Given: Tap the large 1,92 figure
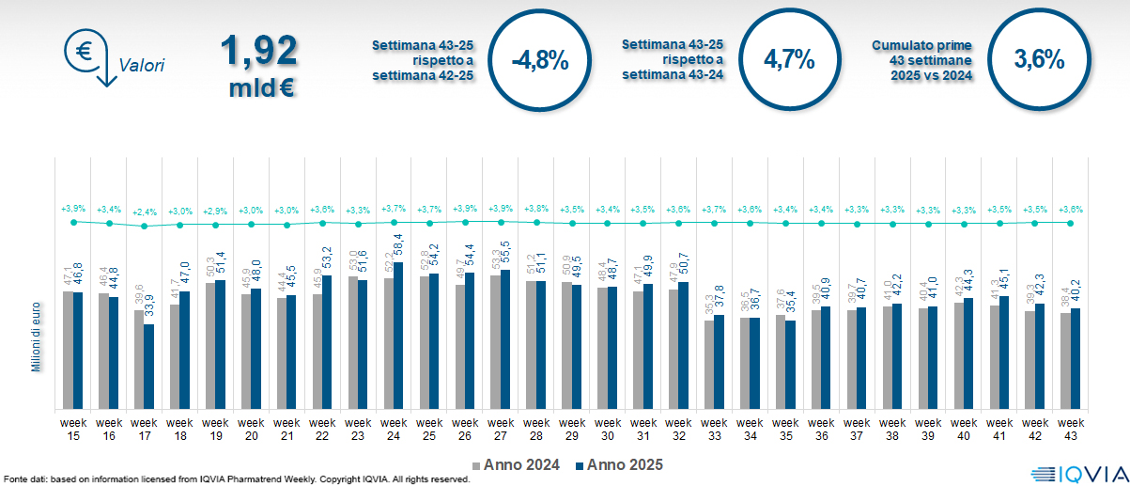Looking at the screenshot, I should [x=259, y=52].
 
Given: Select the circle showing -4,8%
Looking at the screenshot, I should [x=539, y=61].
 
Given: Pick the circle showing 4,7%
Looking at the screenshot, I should [x=788, y=58].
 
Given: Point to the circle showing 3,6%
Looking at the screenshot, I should [x=1039, y=58].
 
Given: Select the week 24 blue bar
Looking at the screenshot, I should [x=398, y=336].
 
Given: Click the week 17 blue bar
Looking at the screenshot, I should [x=148, y=367].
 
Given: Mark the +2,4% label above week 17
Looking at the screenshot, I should [x=144, y=212].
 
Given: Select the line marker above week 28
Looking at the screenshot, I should [x=536, y=223].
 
